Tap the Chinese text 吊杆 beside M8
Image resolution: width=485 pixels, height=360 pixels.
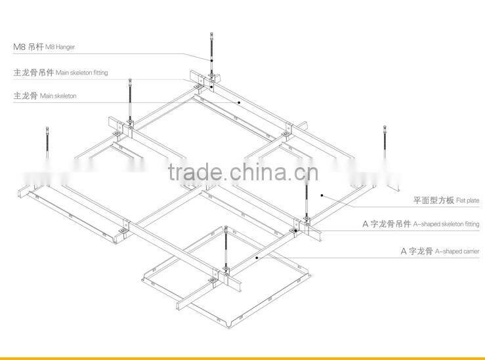(35, 47)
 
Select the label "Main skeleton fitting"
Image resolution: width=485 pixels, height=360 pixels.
(82, 73)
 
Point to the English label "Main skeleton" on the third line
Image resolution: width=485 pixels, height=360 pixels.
(58, 96)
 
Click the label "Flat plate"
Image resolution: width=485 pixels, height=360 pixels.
(468, 199)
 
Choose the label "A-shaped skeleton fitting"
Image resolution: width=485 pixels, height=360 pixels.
(446, 224)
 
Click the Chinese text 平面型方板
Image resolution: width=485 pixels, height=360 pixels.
(433, 199)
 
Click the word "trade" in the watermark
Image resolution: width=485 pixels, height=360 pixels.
(195, 172)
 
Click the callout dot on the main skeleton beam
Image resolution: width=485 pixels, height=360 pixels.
(240, 103)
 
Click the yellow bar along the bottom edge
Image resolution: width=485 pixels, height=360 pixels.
(242, 357)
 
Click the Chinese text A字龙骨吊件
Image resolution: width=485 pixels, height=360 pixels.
(387, 224)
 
